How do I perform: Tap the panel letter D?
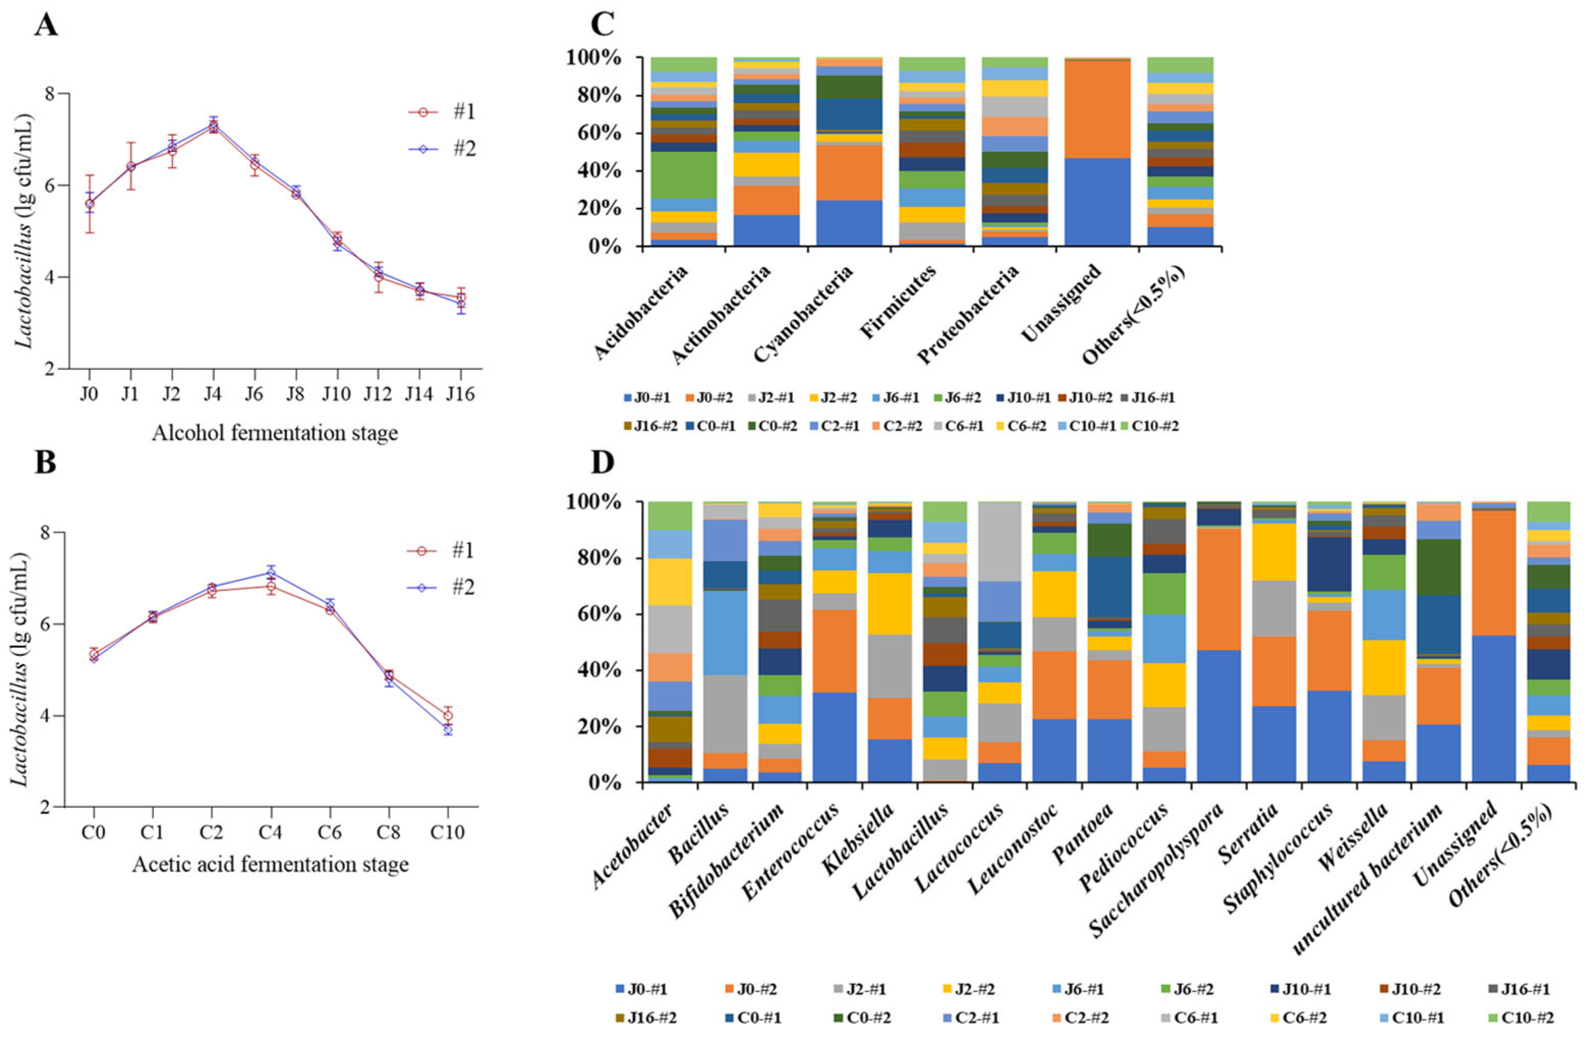click(602, 462)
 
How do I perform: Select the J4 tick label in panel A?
click(213, 394)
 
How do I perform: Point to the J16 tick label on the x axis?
click(460, 394)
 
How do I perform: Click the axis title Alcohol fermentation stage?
click(275, 433)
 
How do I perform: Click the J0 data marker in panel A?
click(90, 204)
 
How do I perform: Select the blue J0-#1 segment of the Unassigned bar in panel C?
click(1097, 202)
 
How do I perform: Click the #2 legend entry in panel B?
click(461, 587)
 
